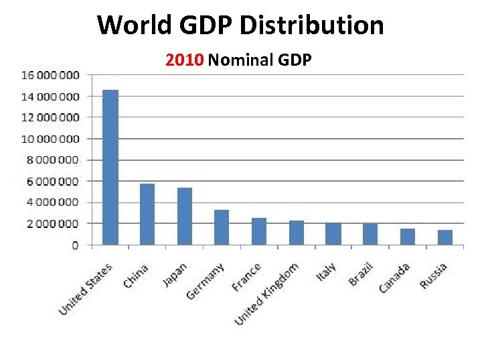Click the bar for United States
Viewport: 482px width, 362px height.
click(110, 168)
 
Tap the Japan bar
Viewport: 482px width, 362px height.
click(185, 217)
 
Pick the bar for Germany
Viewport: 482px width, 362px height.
click(222, 227)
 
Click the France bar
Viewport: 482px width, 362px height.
click(259, 231)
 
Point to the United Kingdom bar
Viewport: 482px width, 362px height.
click(297, 233)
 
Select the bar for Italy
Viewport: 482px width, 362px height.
click(333, 234)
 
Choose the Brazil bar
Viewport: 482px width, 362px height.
click(370, 234)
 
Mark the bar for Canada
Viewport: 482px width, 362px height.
click(408, 237)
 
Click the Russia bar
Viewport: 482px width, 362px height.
click(445, 237)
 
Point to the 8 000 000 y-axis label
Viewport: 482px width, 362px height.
click(52, 160)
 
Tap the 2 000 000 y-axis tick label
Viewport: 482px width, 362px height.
click(52, 223)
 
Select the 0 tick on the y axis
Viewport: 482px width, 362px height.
click(75, 245)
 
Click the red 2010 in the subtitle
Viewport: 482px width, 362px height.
click(185, 61)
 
